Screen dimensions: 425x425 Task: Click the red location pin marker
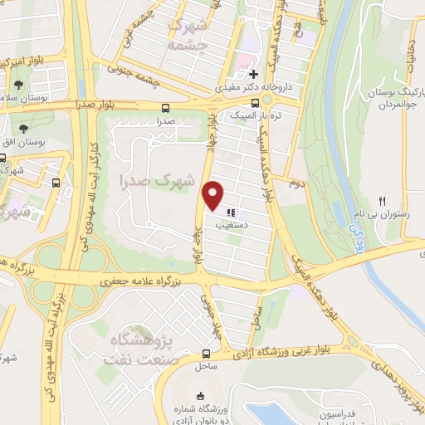[x=213, y=196]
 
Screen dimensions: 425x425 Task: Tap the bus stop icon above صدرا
[x=166, y=108]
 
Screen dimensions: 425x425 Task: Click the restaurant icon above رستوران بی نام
[x=383, y=200]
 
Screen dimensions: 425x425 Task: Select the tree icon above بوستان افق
[x=22, y=129]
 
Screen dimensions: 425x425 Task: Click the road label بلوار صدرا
[x=77, y=106]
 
